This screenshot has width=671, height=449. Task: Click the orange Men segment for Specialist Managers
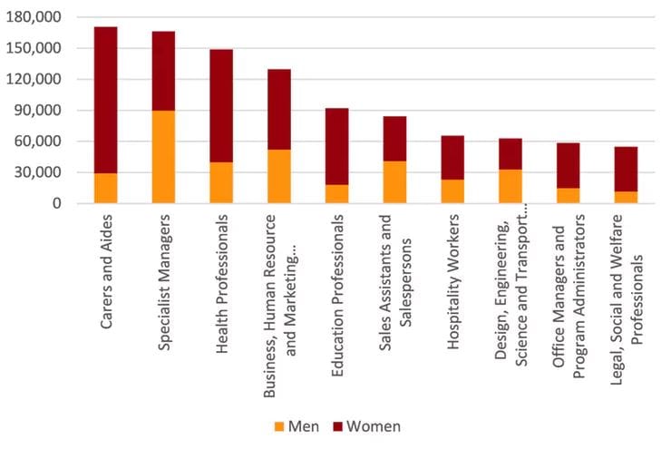(163, 157)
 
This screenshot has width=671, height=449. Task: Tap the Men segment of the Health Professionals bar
(221, 182)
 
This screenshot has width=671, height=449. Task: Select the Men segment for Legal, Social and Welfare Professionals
(626, 197)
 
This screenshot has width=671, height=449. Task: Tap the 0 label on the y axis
(56, 203)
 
